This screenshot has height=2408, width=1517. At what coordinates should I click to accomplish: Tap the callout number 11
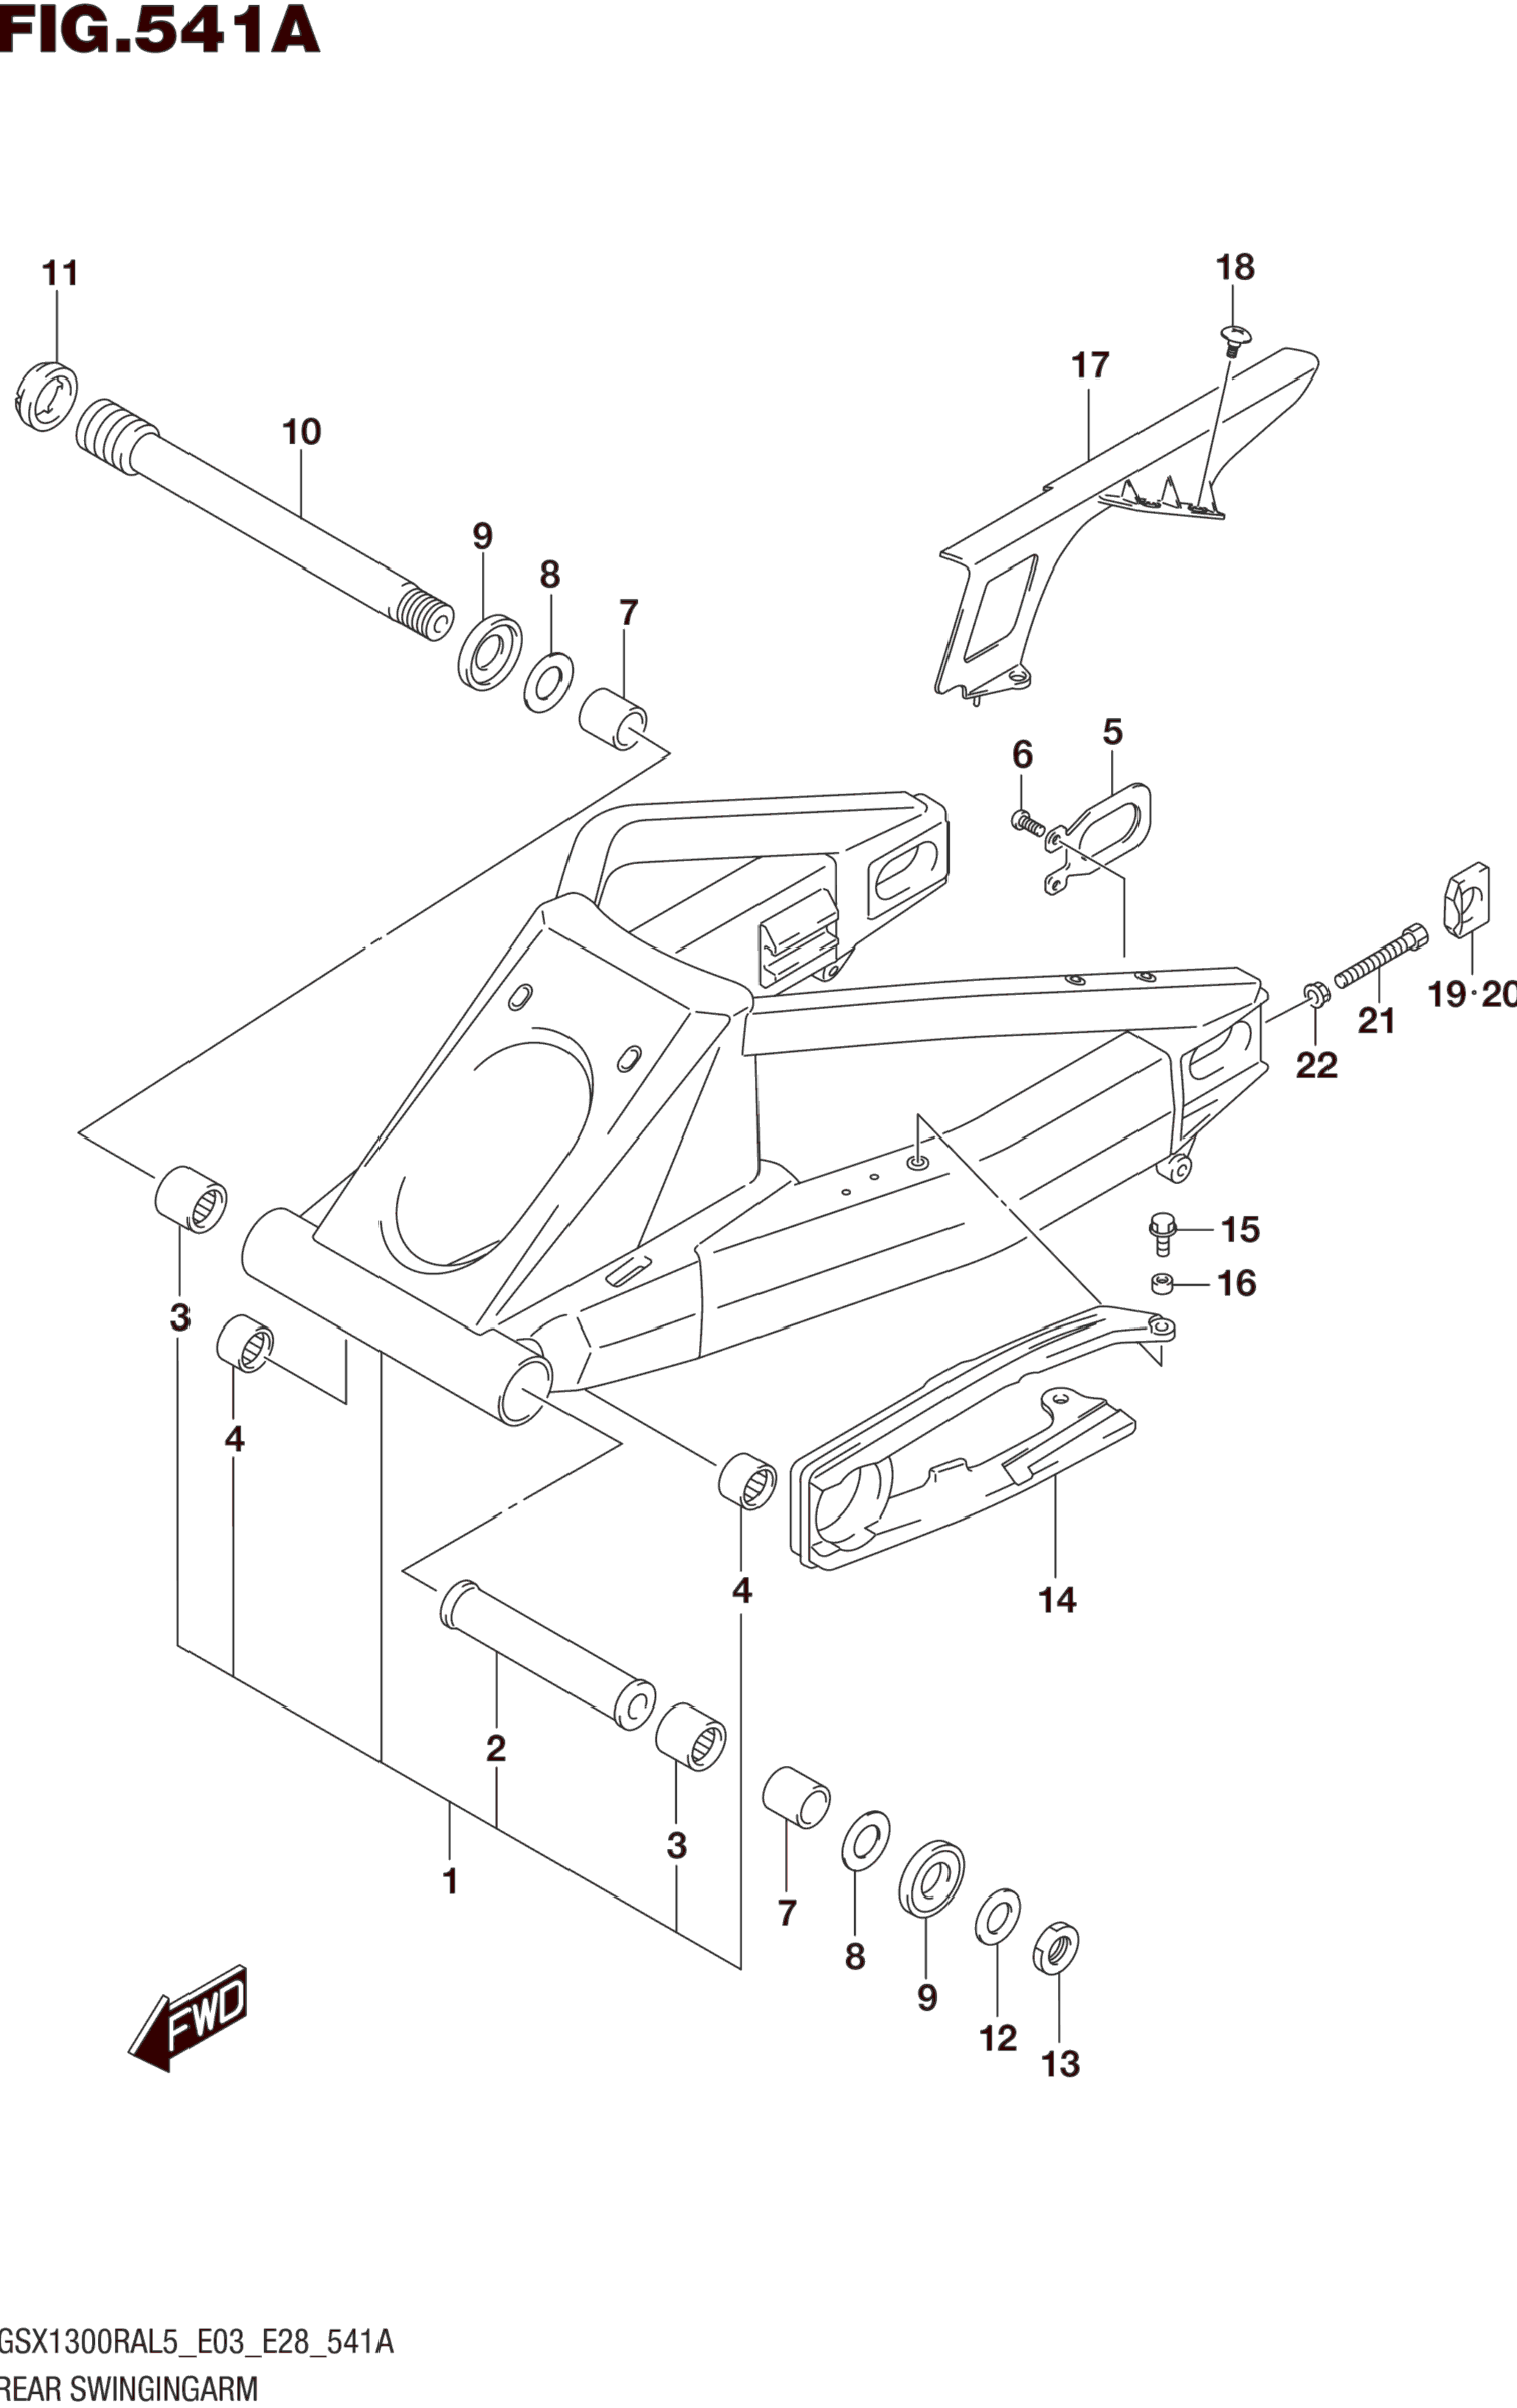point(59,273)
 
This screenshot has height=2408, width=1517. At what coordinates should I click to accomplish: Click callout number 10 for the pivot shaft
point(301,432)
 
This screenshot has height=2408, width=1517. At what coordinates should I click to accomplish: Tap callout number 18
point(1235,267)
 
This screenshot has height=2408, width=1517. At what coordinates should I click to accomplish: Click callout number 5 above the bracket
point(1112,732)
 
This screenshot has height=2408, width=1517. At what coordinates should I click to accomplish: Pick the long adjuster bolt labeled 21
point(1380,955)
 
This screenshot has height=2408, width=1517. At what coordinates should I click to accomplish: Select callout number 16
point(1236,1283)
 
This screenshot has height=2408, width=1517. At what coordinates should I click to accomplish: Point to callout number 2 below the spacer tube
point(495,1748)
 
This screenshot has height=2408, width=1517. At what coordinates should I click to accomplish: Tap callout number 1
point(450,1881)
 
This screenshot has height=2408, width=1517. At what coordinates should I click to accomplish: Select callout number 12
point(998,2037)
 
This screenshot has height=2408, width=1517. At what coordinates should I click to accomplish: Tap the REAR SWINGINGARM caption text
point(130,2389)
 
